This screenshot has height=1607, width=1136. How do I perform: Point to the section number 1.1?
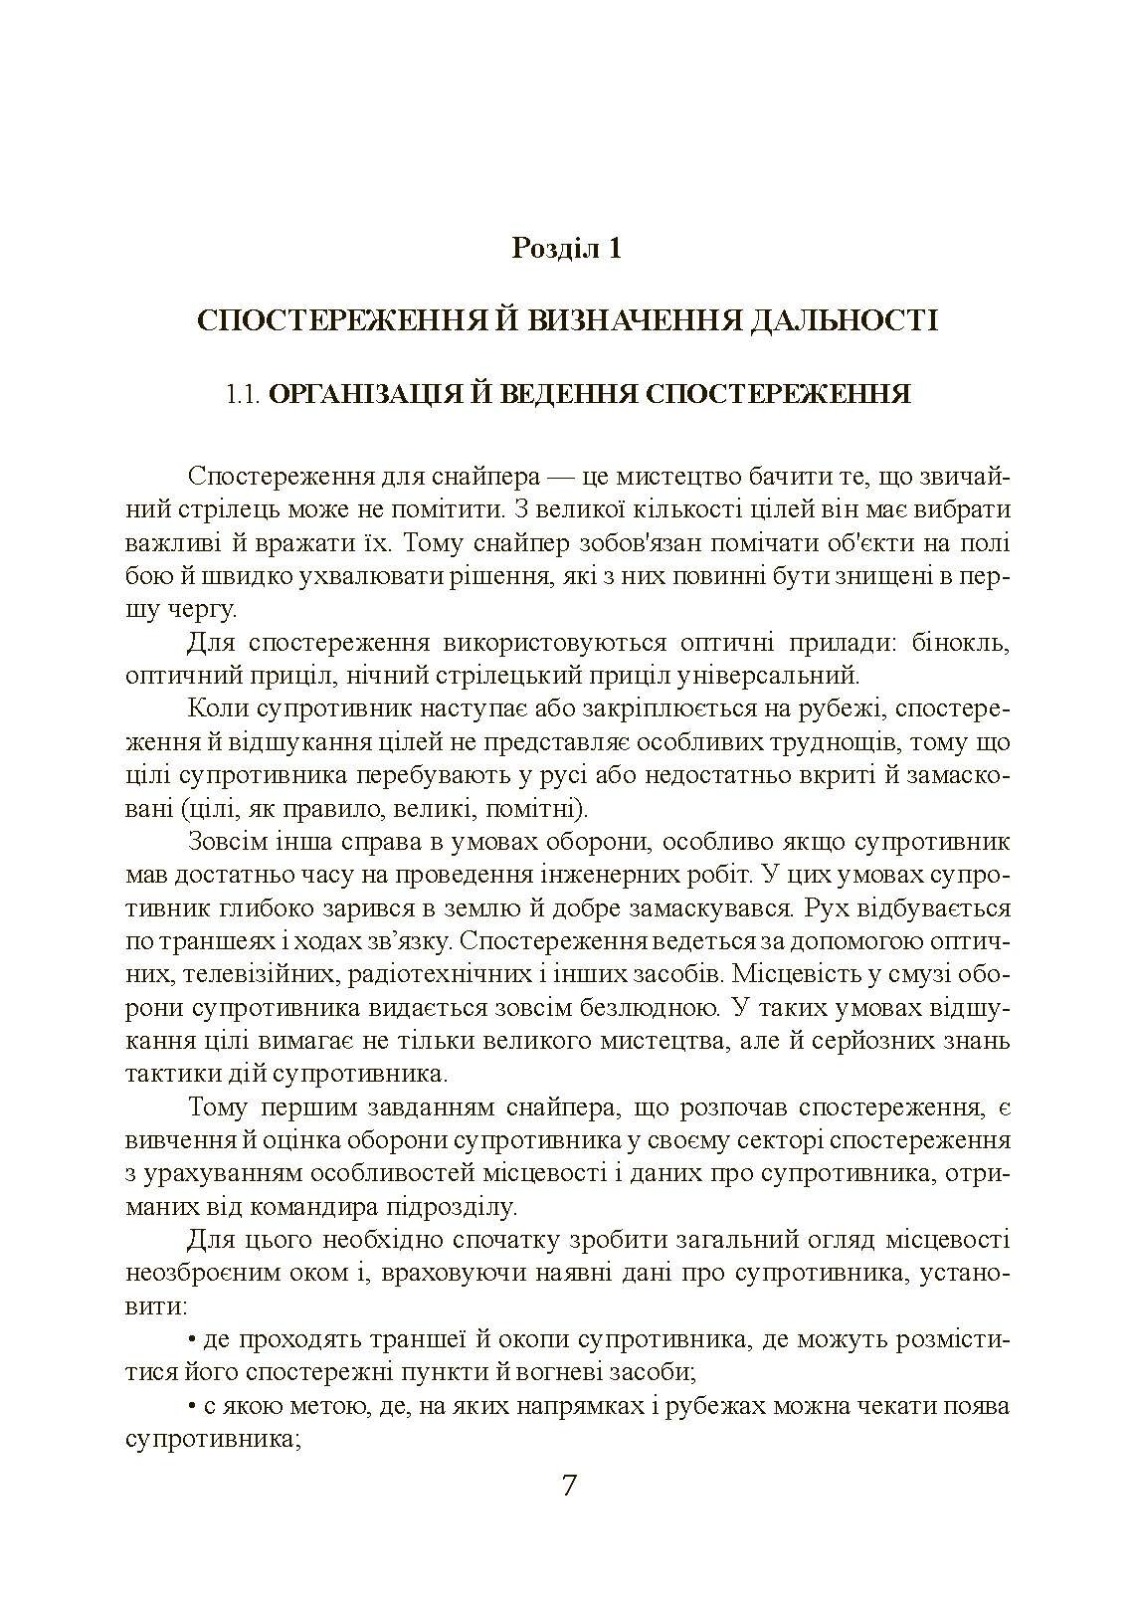point(243,394)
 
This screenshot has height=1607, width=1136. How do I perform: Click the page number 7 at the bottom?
point(569,1487)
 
